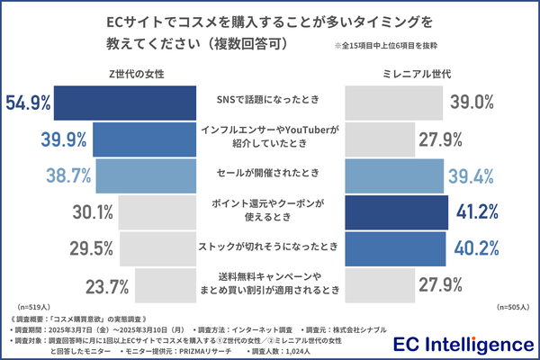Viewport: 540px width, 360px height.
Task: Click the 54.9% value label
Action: point(27,102)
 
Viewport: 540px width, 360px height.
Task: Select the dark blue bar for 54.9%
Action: point(124,102)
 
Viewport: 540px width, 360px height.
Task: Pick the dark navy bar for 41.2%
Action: point(396,213)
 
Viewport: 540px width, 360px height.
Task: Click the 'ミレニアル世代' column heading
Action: point(409,71)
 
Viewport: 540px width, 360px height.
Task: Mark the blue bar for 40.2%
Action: point(395,250)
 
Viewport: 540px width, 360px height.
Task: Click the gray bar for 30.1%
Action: point(157,213)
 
